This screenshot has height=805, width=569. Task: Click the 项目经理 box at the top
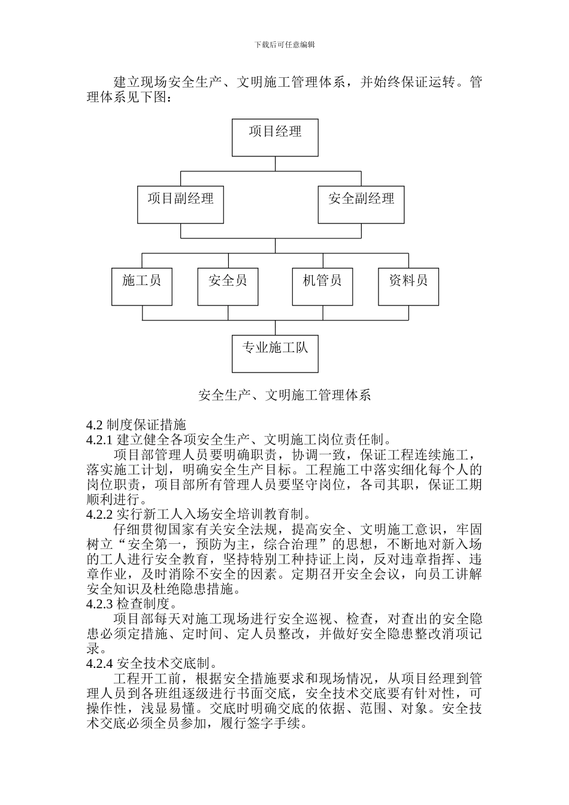[x=275, y=137]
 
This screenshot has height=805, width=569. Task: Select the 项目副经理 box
[x=180, y=205]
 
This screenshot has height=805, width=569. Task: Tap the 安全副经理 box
[x=361, y=205]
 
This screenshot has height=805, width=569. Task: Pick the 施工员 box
[x=142, y=286]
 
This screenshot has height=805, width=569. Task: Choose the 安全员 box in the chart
[x=228, y=286]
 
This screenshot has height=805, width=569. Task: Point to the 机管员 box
[x=322, y=286]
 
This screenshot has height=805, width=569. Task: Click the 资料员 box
[x=408, y=286]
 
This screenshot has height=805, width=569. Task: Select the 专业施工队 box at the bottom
[x=275, y=353]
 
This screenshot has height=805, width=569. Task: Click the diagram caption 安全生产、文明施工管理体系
[x=284, y=395]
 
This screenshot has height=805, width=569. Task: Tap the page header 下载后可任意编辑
[x=284, y=44]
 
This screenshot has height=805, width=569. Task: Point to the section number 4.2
[x=95, y=425]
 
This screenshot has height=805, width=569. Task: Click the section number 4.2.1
[x=99, y=440]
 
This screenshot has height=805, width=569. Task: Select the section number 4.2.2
[x=99, y=515]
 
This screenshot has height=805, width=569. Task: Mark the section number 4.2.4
[x=99, y=664]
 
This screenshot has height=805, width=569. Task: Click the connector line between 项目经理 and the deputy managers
[x=275, y=164]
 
